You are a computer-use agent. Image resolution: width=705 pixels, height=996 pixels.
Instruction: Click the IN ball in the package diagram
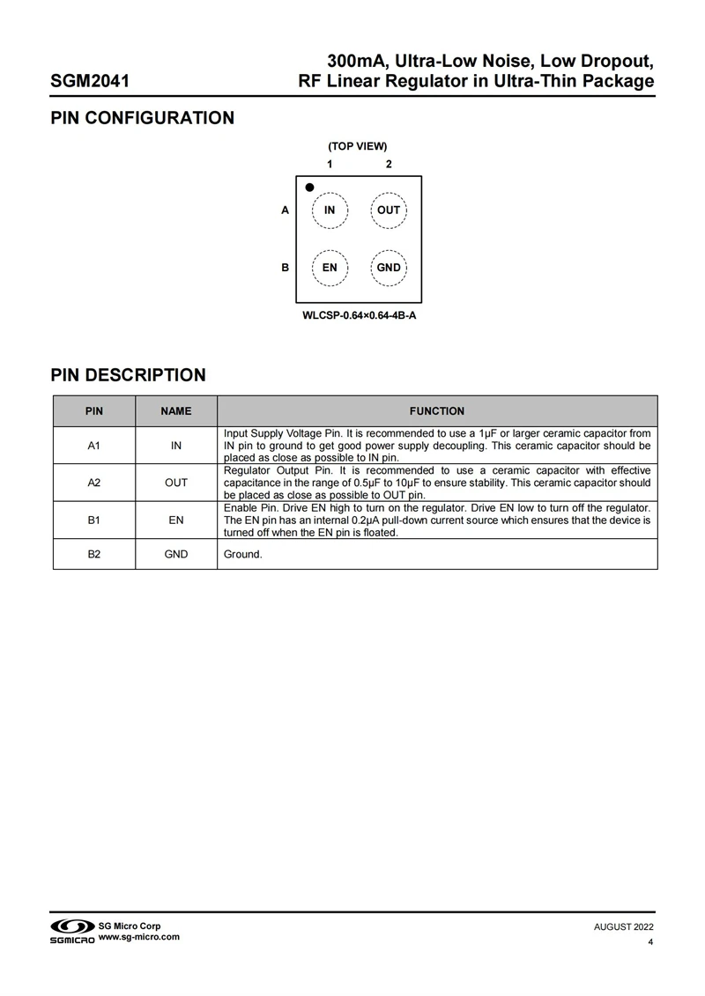[x=330, y=210]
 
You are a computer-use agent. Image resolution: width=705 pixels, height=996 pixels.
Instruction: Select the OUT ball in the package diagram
[x=389, y=210]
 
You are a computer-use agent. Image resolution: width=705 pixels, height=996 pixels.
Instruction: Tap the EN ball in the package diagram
[x=330, y=268]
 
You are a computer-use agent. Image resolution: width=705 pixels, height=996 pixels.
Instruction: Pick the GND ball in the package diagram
[x=389, y=268]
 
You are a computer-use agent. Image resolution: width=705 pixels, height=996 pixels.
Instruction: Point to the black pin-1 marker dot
[x=309, y=188]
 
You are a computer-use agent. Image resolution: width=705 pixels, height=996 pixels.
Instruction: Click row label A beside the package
[x=285, y=210]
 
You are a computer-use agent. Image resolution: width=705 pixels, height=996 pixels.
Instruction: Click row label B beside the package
[x=285, y=268]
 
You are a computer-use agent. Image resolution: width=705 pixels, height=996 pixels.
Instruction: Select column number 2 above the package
[x=389, y=165]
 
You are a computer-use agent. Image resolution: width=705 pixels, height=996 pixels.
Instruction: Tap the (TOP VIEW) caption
[x=358, y=146]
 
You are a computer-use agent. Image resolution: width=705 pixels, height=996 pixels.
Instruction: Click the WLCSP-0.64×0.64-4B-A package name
[x=359, y=314]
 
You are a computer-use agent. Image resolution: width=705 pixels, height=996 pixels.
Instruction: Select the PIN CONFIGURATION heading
[x=143, y=118]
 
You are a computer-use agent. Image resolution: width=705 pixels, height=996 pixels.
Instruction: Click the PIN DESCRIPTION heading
[x=129, y=375]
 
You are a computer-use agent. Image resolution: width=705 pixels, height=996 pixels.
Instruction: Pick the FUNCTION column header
[x=437, y=411]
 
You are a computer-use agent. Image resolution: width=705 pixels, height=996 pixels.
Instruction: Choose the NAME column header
[x=176, y=411]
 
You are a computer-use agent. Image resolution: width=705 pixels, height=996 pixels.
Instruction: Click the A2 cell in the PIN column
[x=94, y=483]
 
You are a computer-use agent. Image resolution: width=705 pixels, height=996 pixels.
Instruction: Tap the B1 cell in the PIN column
[x=94, y=520]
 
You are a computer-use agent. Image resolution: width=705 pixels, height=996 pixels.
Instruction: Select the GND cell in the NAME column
[x=176, y=555]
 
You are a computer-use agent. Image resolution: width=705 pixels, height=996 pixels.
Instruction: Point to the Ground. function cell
[x=243, y=555]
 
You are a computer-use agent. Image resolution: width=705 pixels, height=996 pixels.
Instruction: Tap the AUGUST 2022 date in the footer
[x=624, y=927]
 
